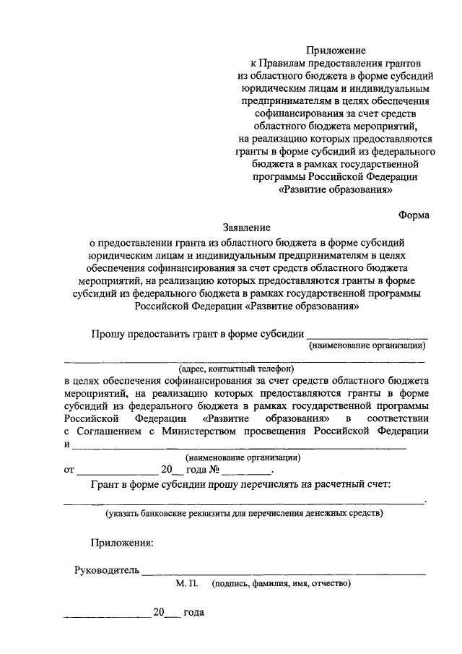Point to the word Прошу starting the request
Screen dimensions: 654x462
[107, 333]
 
